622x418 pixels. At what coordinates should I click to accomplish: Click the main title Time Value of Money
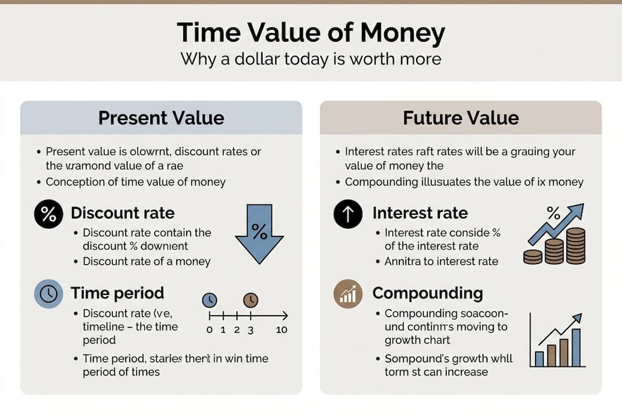point(311,34)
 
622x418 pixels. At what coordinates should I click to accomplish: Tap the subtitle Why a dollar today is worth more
point(311,59)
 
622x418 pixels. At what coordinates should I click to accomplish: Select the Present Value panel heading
point(161,118)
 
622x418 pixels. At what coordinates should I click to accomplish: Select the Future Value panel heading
point(461,118)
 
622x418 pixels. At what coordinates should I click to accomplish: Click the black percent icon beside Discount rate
point(49,214)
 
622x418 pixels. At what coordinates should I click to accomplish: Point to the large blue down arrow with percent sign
point(259,229)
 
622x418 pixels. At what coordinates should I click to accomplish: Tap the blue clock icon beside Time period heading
point(49,294)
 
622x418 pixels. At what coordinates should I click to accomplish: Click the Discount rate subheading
point(122,213)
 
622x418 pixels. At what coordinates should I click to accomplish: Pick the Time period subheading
point(117,293)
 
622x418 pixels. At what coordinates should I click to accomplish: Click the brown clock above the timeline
point(250,300)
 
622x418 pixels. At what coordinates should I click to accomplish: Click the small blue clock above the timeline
point(209,300)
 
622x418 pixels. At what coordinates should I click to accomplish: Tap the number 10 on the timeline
point(282,330)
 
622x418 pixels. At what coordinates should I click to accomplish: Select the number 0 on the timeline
point(209,330)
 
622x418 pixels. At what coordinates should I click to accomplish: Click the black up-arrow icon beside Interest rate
point(348,214)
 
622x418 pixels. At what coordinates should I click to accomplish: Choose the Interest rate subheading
point(420,213)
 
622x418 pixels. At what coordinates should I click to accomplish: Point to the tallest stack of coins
point(575,246)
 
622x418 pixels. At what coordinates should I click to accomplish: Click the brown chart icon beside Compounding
point(348,294)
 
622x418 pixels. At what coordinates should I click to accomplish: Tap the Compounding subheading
point(427,293)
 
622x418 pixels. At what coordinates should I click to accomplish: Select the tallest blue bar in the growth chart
point(576,347)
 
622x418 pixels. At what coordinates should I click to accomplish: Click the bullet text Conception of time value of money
point(136,182)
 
